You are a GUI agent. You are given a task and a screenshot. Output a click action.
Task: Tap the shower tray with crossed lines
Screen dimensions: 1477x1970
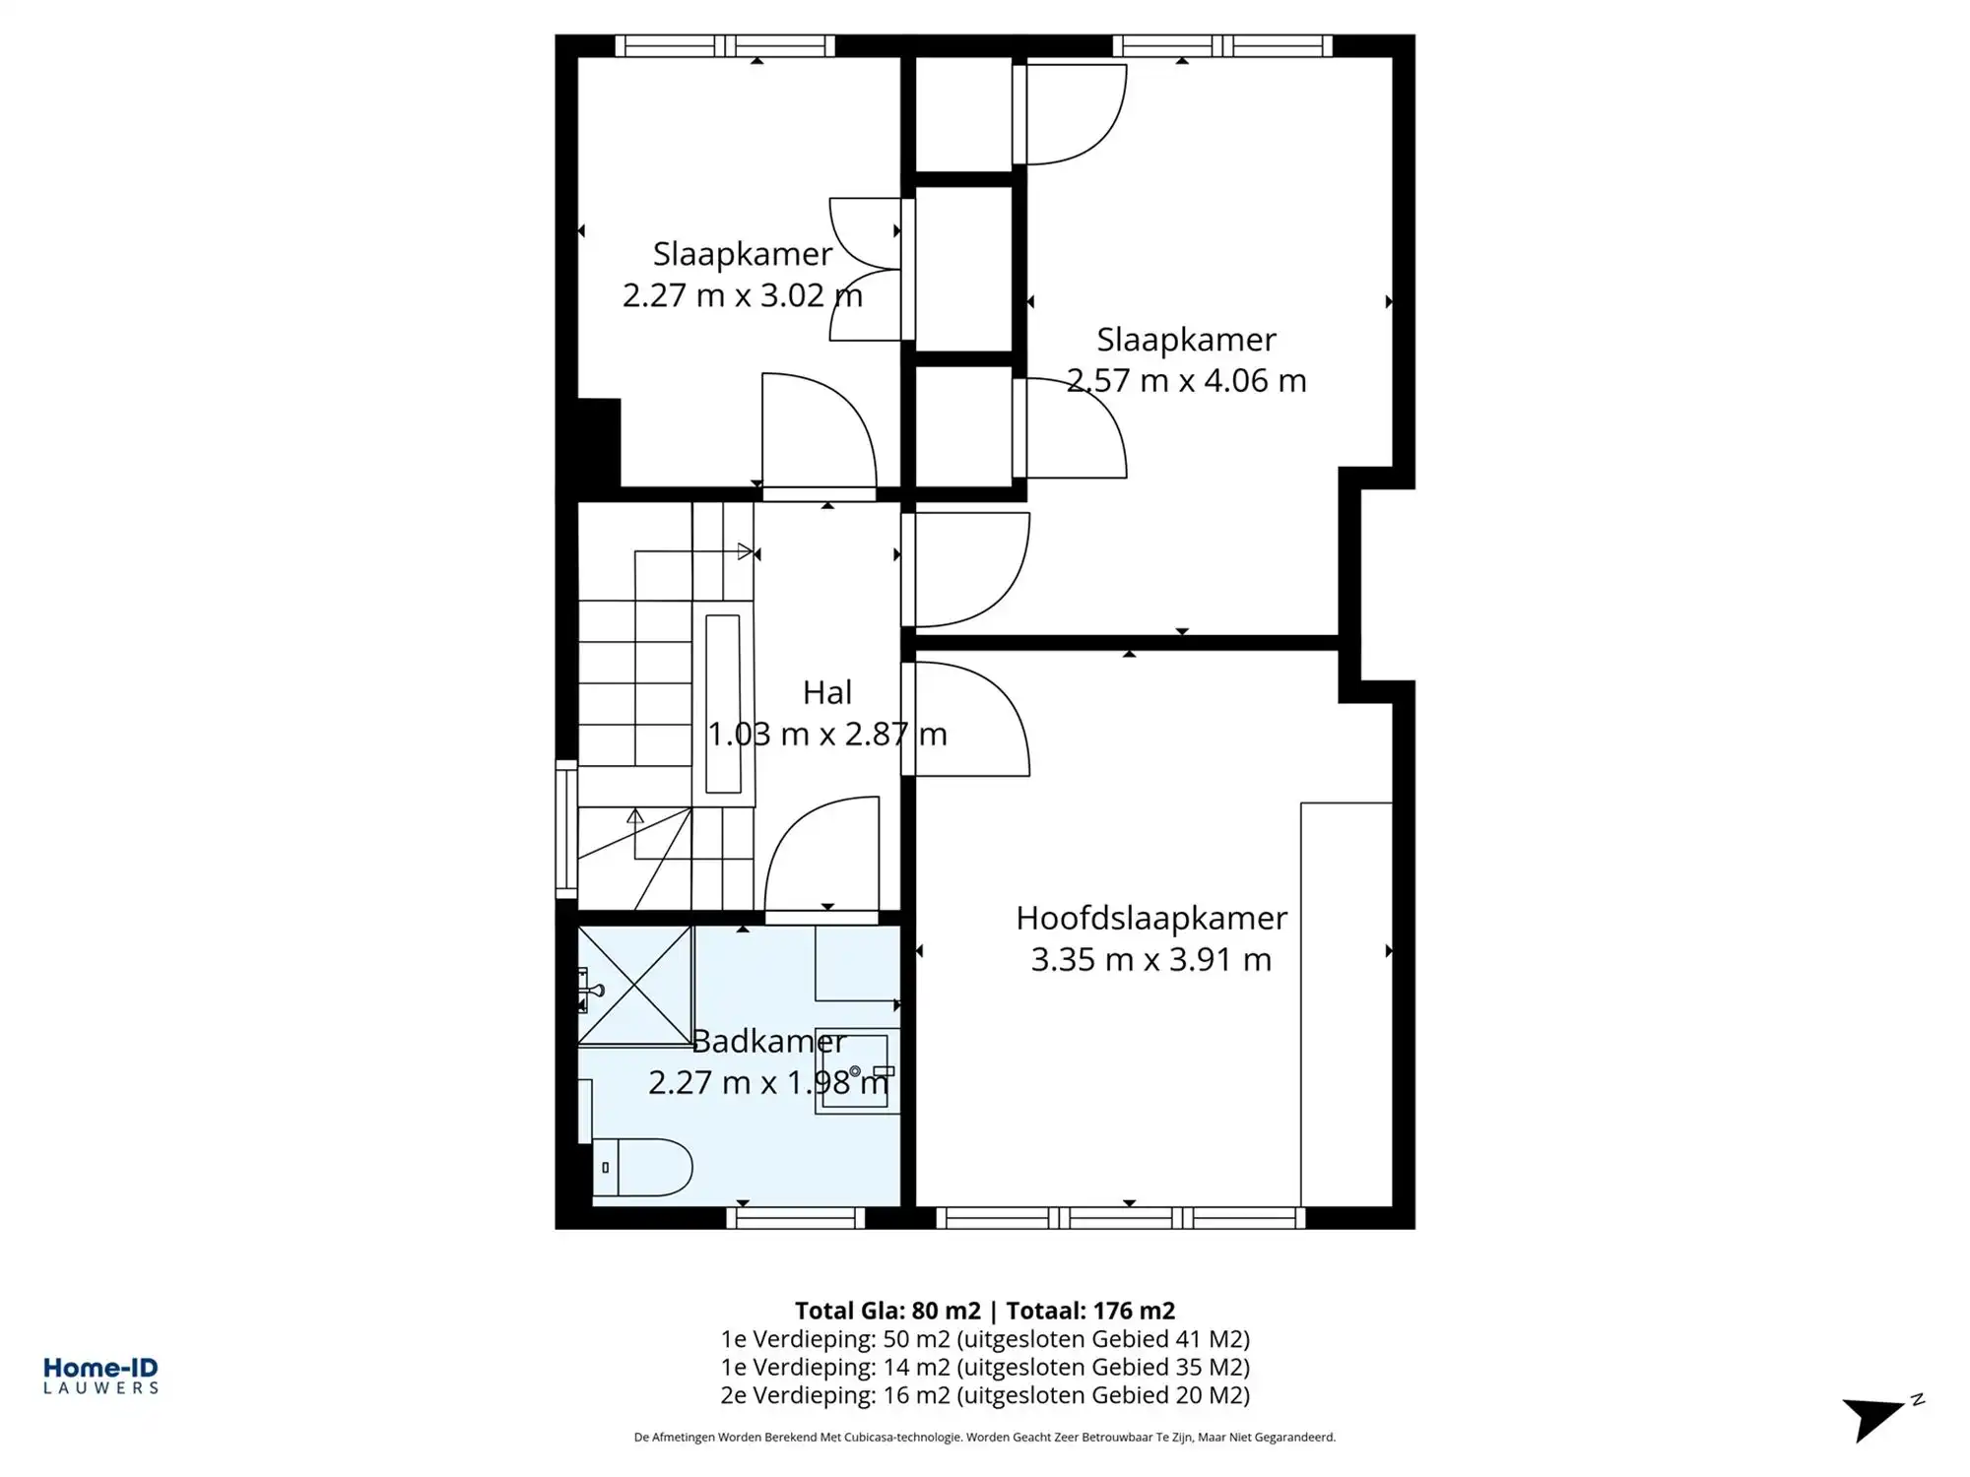pyautogui.click(x=635, y=985)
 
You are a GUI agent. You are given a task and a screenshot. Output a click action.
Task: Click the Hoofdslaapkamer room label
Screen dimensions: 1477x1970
pyautogui.click(x=1150, y=918)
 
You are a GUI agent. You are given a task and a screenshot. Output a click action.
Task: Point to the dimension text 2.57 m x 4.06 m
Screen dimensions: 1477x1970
pyautogui.click(x=1186, y=381)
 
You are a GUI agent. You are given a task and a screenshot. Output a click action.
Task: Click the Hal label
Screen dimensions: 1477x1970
pyautogui.click(x=826, y=692)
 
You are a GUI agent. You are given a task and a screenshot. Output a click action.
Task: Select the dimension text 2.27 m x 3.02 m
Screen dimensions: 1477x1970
pyautogui.click(x=742, y=295)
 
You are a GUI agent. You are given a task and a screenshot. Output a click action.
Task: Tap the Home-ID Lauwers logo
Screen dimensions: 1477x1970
pyautogui.click(x=100, y=1376)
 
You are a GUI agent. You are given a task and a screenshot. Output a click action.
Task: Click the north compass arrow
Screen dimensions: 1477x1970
pyautogui.click(x=1876, y=1419)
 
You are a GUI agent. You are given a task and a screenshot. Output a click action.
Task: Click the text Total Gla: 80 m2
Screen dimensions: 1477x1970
pyautogui.click(x=887, y=1311)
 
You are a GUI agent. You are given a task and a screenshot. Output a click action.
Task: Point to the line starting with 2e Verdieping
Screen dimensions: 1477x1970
pyautogui.click(x=985, y=1395)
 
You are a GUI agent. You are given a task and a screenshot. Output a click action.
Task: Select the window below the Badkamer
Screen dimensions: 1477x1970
pyautogui.click(x=796, y=1218)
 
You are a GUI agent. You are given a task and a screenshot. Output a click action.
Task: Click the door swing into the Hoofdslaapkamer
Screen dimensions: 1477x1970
pyautogui.click(x=970, y=719)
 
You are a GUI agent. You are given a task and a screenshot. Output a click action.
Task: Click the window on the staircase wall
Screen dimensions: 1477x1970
pyautogui.click(x=566, y=829)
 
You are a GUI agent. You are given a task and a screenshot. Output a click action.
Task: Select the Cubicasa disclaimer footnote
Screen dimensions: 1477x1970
pyautogui.click(x=985, y=1438)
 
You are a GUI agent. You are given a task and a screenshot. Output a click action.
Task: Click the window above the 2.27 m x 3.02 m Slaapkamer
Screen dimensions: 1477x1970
pyautogui.click(x=725, y=45)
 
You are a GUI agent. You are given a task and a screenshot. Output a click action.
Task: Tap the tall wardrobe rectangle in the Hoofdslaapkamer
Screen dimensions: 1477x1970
pyautogui.click(x=1346, y=1004)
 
